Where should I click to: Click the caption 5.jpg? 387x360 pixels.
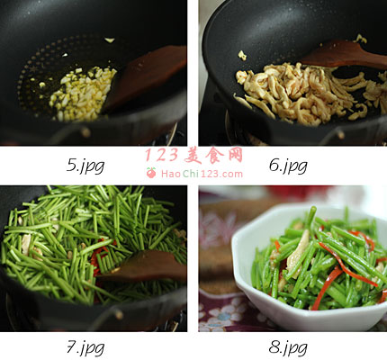[x=85, y=166]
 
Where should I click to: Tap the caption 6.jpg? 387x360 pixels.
[x=288, y=166]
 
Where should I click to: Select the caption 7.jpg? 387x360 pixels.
[x=85, y=348]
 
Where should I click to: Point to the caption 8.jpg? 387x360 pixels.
[x=288, y=348]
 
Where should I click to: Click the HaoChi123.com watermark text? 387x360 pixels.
[x=202, y=174]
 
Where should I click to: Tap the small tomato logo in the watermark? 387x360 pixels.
[x=151, y=173]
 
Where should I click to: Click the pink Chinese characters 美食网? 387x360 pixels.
[x=213, y=155]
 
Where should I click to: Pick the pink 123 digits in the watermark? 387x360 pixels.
[x=161, y=155]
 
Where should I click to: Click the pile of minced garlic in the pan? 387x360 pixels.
[x=83, y=93]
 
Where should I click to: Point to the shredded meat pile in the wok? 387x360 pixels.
[x=309, y=93]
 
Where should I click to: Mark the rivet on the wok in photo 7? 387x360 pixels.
[x=119, y=314]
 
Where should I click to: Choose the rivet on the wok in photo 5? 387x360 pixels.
[x=85, y=132]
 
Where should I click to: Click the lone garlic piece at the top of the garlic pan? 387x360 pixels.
[x=110, y=40]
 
